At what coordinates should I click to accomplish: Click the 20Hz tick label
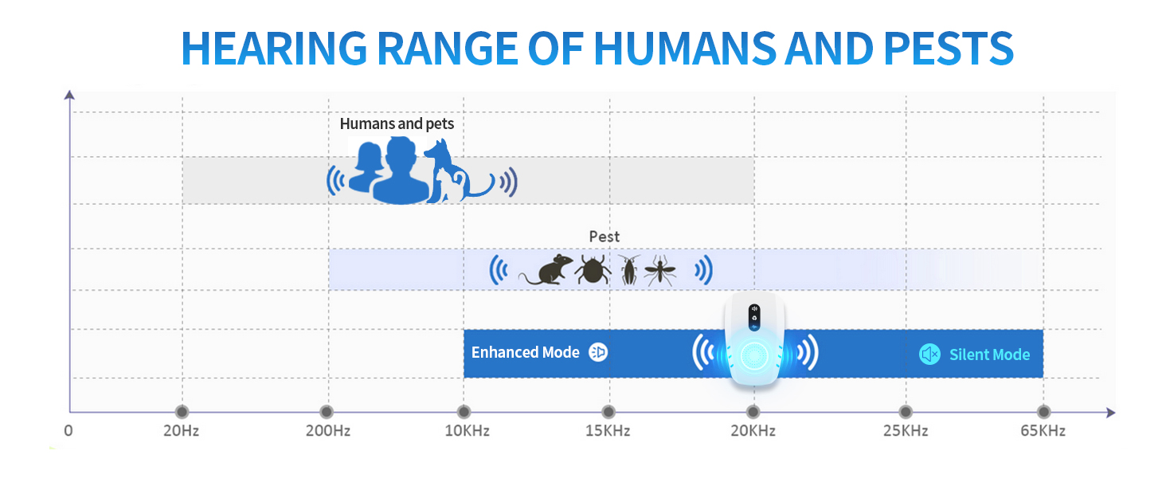pos(182,432)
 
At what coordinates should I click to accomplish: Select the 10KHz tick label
pos(464,432)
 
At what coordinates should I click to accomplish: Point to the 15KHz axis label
pos(608,432)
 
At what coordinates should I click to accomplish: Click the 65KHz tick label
pos(1043,432)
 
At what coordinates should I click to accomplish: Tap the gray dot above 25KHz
pos(905,412)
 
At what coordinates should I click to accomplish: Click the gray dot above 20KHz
pos(752,412)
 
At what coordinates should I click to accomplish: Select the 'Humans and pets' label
pos(397,123)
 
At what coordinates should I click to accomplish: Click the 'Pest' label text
pos(604,237)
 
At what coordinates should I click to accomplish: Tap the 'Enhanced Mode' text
pos(525,353)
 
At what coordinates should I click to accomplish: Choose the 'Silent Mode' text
pos(989,355)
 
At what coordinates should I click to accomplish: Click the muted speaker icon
pos(929,355)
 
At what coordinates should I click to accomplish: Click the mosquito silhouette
pos(660,271)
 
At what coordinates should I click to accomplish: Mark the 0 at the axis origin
pos(68,432)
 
